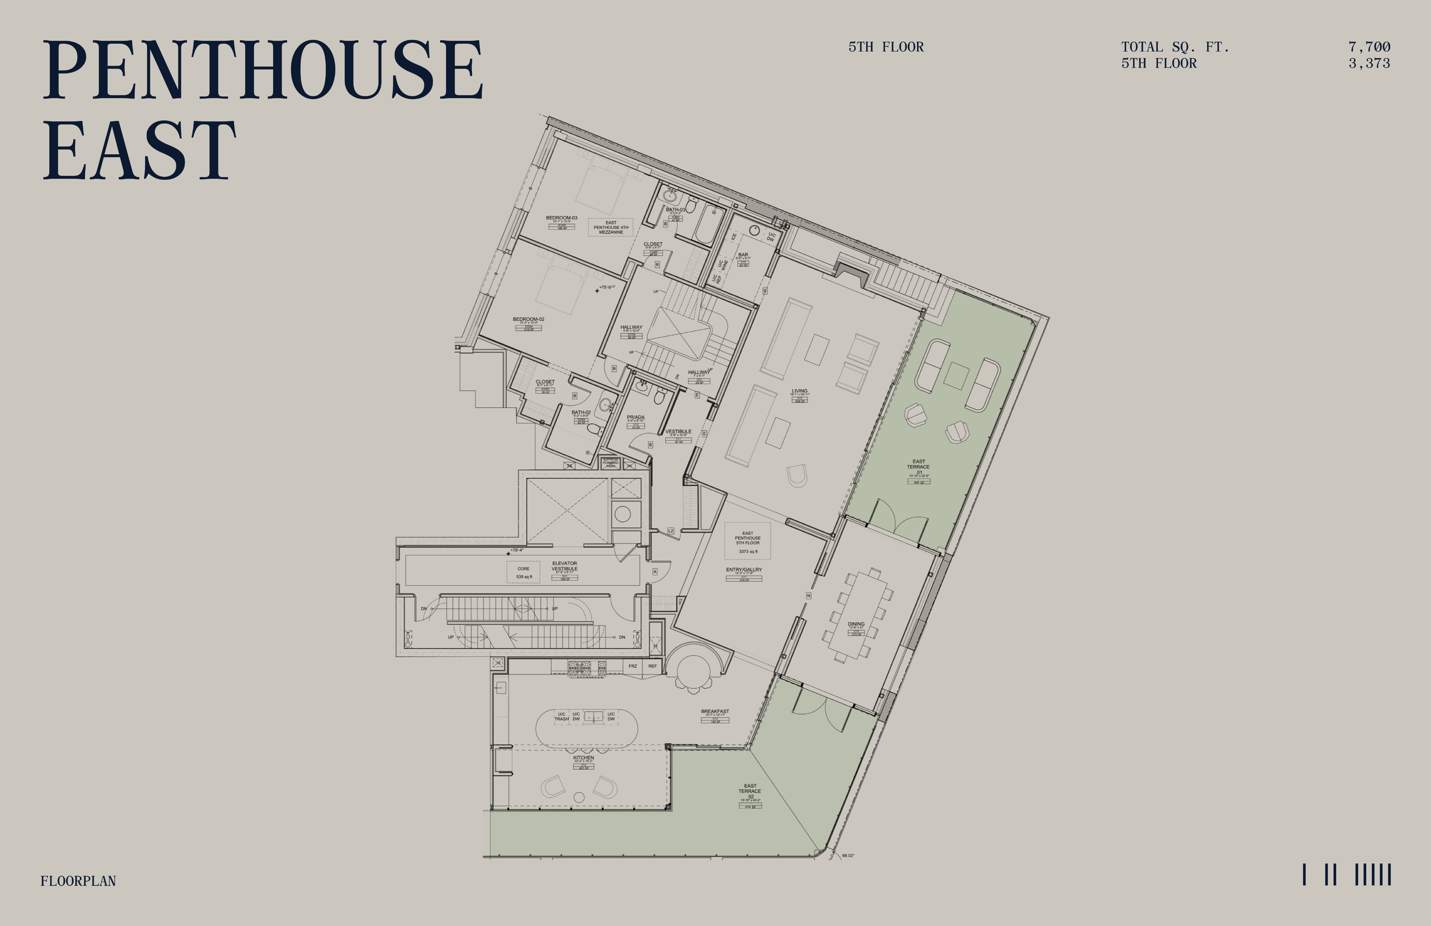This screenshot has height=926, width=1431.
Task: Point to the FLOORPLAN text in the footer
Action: pyautogui.click(x=78, y=881)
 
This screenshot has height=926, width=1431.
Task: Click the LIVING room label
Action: pyautogui.click(x=799, y=391)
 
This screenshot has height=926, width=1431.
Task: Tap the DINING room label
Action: pyautogui.click(x=856, y=624)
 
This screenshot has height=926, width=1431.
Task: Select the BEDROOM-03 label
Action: pyautogui.click(x=562, y=218)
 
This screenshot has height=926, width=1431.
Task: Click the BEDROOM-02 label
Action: pyautogui.click(x=529, y=319)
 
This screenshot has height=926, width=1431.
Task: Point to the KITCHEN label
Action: pyautogui.click(x=583, y=758)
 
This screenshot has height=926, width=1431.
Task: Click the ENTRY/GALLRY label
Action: pyautogui.click(x=744, y=569)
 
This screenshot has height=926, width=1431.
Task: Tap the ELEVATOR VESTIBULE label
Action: pyautogui.click(x=564, y=566)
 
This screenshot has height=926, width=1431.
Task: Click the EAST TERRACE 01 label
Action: pyautogui.click(x=918, y=466)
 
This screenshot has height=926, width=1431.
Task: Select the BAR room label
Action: pyautogui.click(x=743, y=255)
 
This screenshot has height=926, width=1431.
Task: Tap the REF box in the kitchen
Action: pyautogui.click(x=652, y=666)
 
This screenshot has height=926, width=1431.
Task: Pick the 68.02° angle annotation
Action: pyautogui.click(x=848, y=855)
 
